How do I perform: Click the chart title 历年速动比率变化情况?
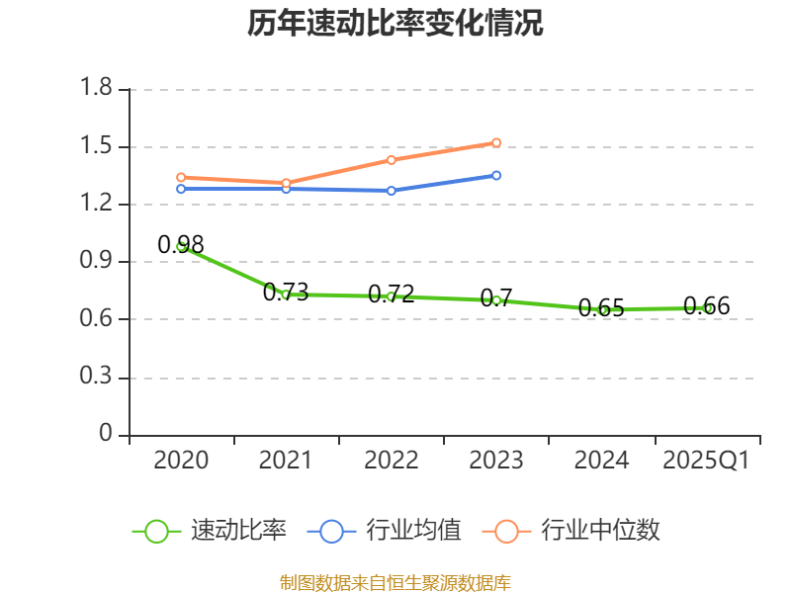click(x=395, y=23)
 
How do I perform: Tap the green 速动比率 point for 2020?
click(x=181, y=246)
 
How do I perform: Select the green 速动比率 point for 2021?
click(x=286, y=294)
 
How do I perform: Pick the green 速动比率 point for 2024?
click(x=602, y=309)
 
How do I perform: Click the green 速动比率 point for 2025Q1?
click(x=707, y=307)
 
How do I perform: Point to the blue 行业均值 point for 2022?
click(x=392, y=190)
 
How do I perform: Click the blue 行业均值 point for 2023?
click(x=496, y=175)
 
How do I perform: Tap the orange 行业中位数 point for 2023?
click(x=496, y=142)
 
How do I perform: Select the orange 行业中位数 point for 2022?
click(x=392, y=159)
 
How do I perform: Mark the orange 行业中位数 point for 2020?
click(x=181, y=177)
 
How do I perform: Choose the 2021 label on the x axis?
click(x=286, y=461)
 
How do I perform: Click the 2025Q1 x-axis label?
click(x=706, y=461)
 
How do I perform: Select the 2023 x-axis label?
click(x=496, y=461)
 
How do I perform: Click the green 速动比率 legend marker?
click(x=156, y=531)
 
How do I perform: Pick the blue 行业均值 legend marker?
click(x=331, y=531)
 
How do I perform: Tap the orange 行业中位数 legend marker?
click(x=507, y=531)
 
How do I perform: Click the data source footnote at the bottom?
click(x=395, y=583)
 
